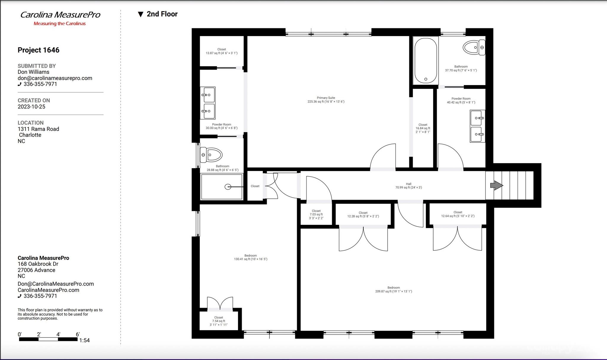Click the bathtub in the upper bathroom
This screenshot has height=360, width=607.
tap(426, 60)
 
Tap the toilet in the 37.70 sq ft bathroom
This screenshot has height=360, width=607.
tap(474, 48)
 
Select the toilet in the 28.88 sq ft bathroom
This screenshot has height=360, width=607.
tap(211, 155)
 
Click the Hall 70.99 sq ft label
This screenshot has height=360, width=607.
tap(408, 186)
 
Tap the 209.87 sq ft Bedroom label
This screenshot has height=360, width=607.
tap(394, 289)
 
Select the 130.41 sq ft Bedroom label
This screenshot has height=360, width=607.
tap(250, 257)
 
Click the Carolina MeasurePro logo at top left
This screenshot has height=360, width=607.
tap(60, 18)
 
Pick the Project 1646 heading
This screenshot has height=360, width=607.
tap(39, 50)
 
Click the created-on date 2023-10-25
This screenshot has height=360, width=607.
tap(31, 107)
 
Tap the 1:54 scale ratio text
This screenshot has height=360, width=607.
tap(84, 340)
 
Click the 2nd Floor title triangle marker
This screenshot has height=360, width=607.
tap(141, 14)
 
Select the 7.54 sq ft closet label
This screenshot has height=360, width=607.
tap(219, 321)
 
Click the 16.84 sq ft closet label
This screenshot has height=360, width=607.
tap(423, 128)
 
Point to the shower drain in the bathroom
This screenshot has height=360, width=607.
tap(228, 187)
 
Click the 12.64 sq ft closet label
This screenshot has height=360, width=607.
tap(458, 214)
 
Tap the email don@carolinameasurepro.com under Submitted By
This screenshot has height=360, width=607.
tap(55, 78)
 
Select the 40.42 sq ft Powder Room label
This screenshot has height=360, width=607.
tap(461, 100)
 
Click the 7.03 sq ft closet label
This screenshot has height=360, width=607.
tap(316, 215)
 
